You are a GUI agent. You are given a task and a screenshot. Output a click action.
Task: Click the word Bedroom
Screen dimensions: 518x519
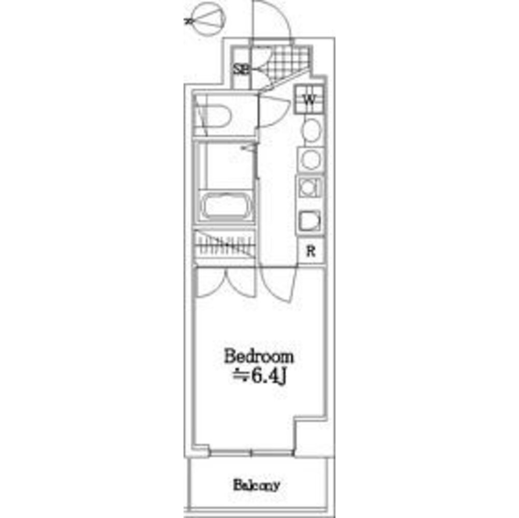(259, 357)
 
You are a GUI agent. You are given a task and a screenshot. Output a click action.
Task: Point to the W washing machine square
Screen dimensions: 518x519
(310, 99)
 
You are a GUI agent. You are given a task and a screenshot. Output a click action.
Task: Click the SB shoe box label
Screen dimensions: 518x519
(240, 69)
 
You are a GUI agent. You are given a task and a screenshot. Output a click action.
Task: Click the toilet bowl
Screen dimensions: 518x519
(215, 116)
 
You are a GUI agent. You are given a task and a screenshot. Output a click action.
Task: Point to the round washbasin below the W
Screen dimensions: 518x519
(311, 129)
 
